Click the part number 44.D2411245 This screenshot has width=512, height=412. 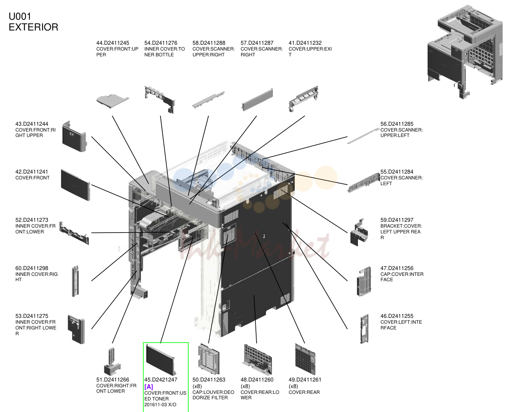113,43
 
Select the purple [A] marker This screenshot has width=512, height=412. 149,387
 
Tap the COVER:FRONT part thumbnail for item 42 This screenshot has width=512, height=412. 75,185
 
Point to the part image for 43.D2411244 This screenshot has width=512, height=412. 74,136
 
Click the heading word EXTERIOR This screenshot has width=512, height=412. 34,27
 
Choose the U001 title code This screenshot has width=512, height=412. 20,17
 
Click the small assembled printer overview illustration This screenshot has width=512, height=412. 465,52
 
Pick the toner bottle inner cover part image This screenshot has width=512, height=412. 160,100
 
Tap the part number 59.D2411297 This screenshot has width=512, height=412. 397,220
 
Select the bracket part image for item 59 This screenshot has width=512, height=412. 359,232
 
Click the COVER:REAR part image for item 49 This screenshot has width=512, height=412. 305,359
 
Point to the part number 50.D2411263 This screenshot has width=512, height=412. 209,380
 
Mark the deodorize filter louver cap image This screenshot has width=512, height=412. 209,359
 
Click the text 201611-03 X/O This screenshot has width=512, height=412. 161,405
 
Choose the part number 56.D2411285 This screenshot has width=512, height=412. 397,124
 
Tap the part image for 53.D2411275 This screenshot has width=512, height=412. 76,329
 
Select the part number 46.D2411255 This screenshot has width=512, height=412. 397,316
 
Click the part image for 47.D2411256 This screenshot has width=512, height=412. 364,281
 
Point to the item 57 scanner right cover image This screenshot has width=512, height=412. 257,100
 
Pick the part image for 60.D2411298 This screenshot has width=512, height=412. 75,281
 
